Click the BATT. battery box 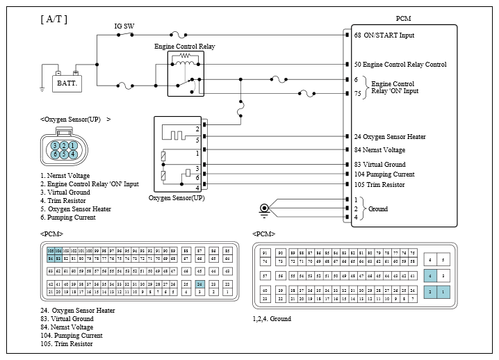pyautogui.click(x=67, y=82)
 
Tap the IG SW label pyautogui.click(x=124, y=26)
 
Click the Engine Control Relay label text pyautogui.click(x=184, y=47)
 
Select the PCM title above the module pyautogui.click(x=402, y=19)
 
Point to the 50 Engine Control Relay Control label pyautogui.click(x=400, y=65)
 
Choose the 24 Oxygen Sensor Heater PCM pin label pyautogui.click(x=389, y=137)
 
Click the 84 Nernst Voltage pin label pyautogui.click(x=379, y=149)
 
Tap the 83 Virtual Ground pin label pyautogui.click(x=380, y=165)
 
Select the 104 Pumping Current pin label pyautogui.click(x=384, y=174)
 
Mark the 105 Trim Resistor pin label pyautogui.click(x=380, y=184)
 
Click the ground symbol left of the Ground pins pyautogui.click(x=264, y=208)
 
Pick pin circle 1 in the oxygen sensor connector pyautogui.click(x=72, y=145)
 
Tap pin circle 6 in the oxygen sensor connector pyautogui.click(x=55, y=154)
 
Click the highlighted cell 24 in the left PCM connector pyautogui.click(x=199, y=284)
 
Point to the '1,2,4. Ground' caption pyautogui.click(x=272, y=319)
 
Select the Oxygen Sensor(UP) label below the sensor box pyautogui.click(x=177, y=198)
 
